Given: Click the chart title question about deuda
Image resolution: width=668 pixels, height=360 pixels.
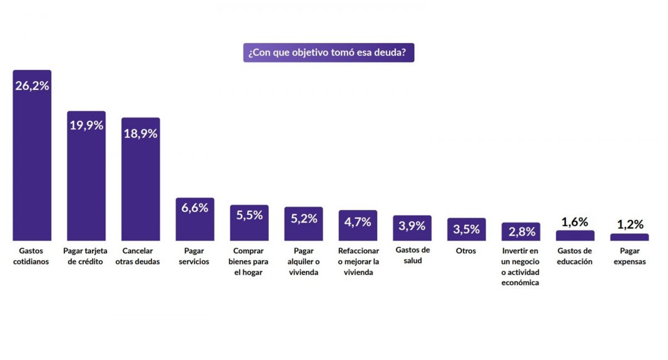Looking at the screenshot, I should pos(328,53).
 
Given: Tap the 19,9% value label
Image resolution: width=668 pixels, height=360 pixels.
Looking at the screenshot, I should pos(86,125).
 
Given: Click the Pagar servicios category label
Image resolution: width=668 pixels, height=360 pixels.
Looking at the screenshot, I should pos(195,256).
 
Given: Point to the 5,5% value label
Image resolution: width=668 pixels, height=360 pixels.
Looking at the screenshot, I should pos(249,215).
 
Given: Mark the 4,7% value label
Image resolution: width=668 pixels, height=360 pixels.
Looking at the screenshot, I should pos(358,221).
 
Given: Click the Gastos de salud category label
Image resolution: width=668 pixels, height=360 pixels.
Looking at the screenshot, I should pos(412,256).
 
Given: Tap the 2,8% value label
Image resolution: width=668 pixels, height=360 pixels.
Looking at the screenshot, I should pos(522,231).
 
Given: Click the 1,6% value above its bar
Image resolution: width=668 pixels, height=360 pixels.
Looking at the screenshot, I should pos(575,222).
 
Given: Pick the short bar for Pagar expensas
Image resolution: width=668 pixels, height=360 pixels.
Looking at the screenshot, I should pos(630,237).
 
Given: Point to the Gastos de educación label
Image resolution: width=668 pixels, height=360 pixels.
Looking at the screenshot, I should pos(575,256).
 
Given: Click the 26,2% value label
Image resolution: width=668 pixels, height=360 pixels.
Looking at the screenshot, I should pos(32,86).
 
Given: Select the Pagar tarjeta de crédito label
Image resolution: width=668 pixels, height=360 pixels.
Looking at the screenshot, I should pos(86,256).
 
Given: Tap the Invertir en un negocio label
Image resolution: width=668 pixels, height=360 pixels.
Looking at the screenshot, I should pos(521,267).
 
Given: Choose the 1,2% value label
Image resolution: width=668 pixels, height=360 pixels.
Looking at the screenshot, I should pos(630,225).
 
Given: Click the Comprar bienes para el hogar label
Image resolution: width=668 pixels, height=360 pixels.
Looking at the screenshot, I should pos(249,262).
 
